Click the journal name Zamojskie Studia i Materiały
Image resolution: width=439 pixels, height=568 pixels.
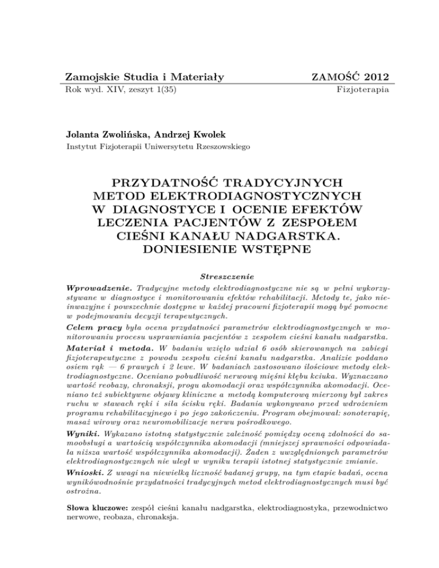point(145,77)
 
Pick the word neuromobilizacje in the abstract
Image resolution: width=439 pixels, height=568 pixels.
point(178,422)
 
